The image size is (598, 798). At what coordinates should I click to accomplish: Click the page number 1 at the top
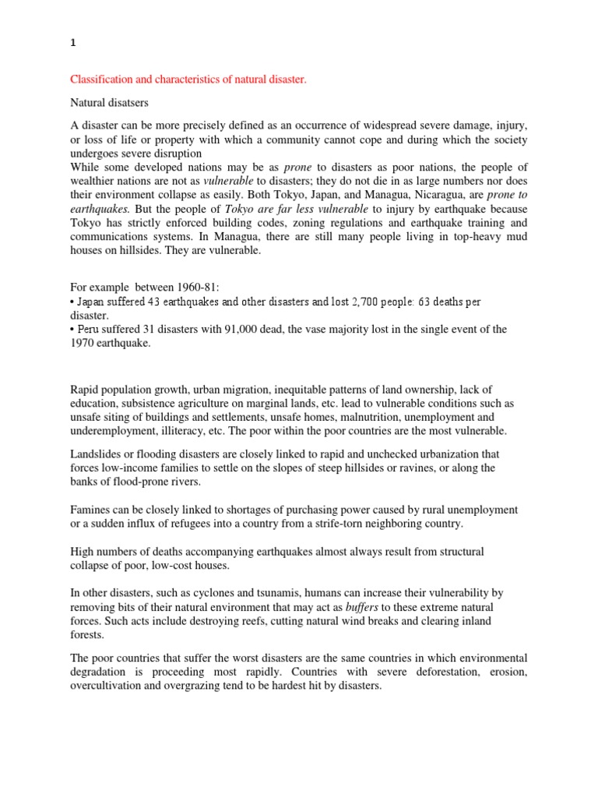pyautogui.click(x=73, y=45)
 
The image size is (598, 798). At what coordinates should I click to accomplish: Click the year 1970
pyautogui.click(x=83, y=344)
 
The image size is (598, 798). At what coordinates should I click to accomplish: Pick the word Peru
pyautogui.click(x=88, y=330)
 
